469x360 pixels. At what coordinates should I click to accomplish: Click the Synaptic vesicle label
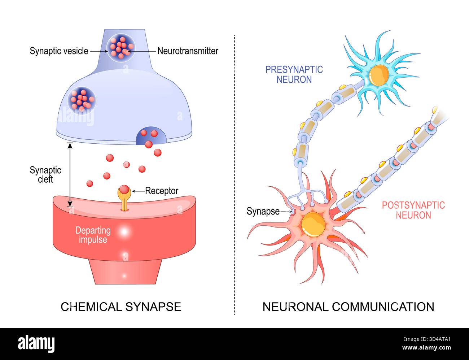[59, 51]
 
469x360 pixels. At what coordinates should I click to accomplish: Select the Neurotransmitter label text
[188, 51]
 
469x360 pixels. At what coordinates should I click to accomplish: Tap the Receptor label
[162, 191]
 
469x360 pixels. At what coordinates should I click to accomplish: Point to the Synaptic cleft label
[45, 174]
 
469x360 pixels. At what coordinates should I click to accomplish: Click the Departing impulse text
[93, 235]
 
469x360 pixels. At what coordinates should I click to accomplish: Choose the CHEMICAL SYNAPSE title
[121, 307]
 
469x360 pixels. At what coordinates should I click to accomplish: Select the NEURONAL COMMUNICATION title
[348, 307]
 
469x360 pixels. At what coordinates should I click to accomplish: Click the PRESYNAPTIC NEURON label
[294, 74]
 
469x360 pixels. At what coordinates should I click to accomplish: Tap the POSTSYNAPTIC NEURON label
[413, 210]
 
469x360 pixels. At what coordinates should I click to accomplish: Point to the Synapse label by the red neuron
[263, 211]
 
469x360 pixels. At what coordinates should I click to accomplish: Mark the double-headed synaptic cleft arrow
[70, 175]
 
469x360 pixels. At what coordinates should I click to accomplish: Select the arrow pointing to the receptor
[138, 191]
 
